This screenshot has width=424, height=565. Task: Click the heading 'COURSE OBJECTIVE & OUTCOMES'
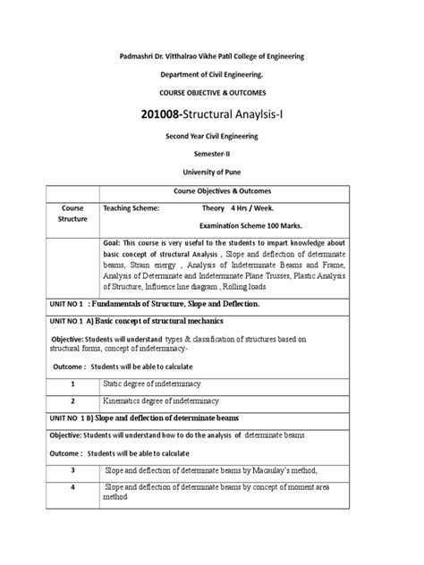(212, 93)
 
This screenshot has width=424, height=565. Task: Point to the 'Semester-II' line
(212, 153)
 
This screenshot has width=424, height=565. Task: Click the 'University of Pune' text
(212, 171)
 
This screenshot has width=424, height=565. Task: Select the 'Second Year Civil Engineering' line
(212, 135)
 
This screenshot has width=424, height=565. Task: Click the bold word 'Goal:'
(115, 241)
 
